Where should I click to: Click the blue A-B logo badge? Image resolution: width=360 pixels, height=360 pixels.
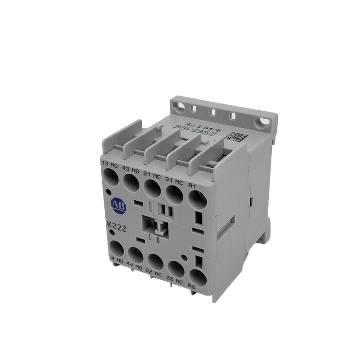coord(119,206)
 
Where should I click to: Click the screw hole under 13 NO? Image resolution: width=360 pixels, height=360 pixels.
coord(111,178)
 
